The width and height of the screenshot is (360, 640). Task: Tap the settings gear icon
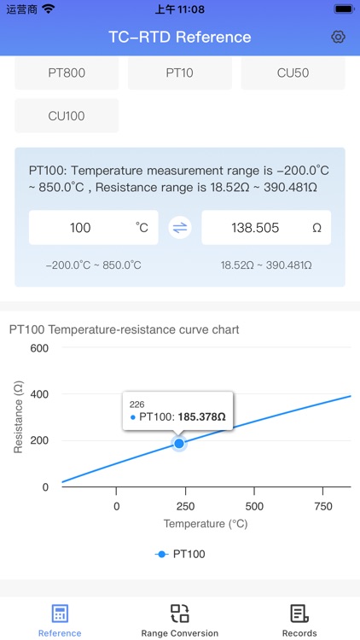tap(338, 37)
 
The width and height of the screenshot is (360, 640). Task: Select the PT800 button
tap(67, 73)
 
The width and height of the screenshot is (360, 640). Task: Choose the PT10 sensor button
tap(179, 73)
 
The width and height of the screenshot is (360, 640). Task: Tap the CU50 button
tap(293, 73)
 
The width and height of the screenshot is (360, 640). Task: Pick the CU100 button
tap(67, 115)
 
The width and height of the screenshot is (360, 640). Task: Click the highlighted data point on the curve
tap(179, 444)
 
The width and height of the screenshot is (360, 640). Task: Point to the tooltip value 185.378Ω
tap(201, 417)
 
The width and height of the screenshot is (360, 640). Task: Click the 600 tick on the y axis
tap(39, 348)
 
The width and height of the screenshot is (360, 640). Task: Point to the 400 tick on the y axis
tap(39, 394)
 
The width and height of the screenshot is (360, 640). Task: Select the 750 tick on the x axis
tap(323, 505)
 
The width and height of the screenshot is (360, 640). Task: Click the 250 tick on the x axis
tap(185, 505)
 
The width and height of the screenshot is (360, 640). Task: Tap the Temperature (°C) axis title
tap(206, 524)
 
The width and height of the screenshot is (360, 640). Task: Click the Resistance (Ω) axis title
tap(18, 417)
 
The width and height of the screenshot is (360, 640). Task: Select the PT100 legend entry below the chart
tap(180, 554)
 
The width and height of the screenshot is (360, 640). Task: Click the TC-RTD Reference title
tap(180, 37)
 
